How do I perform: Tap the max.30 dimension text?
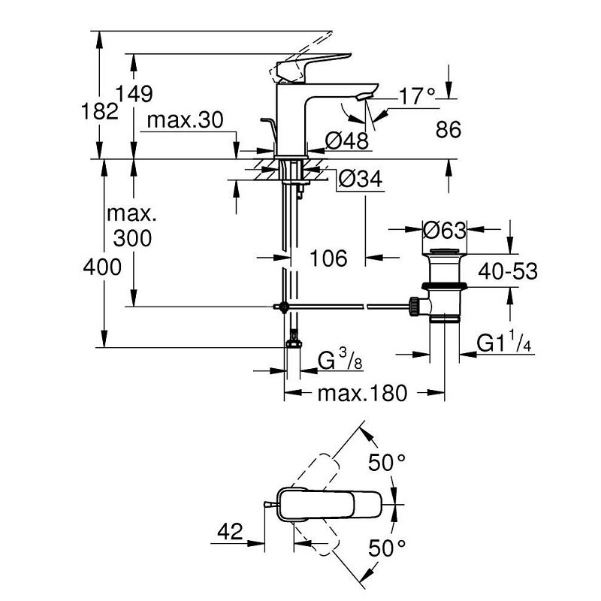(x=186, y=120)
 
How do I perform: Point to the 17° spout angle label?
(x=418, y=95)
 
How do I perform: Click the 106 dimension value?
(x=329, y=258)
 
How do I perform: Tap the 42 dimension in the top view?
(x=230, y=532)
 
